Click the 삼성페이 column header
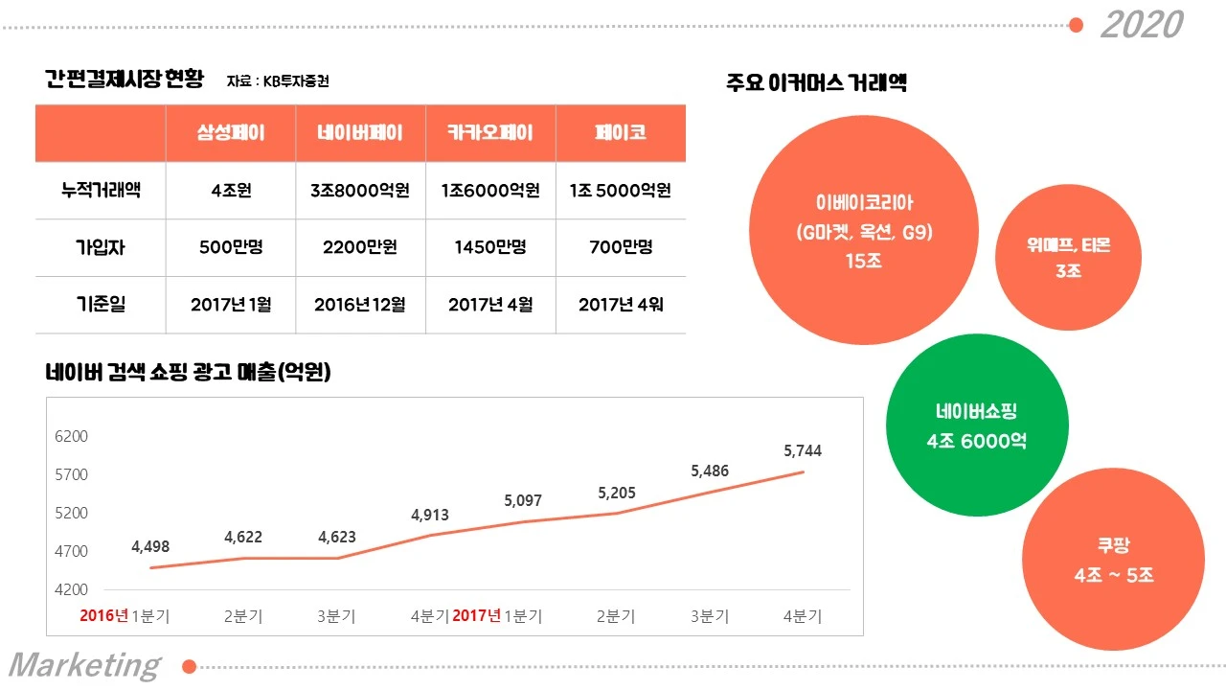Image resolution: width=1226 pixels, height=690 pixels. (x=230, y=133)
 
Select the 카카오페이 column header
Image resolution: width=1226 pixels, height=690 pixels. (x=490, y=133)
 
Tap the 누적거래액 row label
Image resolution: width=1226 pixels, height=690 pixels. (x=101, y=190)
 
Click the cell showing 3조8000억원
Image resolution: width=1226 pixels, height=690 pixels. (x=360, y=190)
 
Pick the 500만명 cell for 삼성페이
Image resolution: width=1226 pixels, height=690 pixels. (x=230, y=247)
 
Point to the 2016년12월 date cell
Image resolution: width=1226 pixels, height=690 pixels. (x=360, y=305)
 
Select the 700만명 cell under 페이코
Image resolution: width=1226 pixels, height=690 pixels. (x=620, y=247)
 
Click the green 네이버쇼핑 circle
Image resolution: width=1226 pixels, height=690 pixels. (x=976, y=425)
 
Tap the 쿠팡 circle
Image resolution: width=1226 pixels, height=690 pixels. (x=1113, y=561)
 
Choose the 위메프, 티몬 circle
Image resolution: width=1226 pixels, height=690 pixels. (x=1068, y=258)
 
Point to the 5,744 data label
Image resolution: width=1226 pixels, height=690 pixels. (x=802, y=450)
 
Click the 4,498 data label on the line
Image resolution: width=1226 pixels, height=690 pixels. (x=150, y=546)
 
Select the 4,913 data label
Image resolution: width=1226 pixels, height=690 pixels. (x=430, y=515)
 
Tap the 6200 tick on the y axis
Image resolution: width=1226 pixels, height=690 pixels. (x=72, y=436)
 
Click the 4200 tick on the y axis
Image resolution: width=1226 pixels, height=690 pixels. (x=72, y=589)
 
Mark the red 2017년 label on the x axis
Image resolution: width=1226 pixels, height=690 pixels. (x=476, y=615)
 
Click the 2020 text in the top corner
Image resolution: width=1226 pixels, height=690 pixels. (x=1141, y=25)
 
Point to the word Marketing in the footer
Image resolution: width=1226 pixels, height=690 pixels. (x=84, y=665)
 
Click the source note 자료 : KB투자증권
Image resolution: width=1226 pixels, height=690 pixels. (x=278, y=81)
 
